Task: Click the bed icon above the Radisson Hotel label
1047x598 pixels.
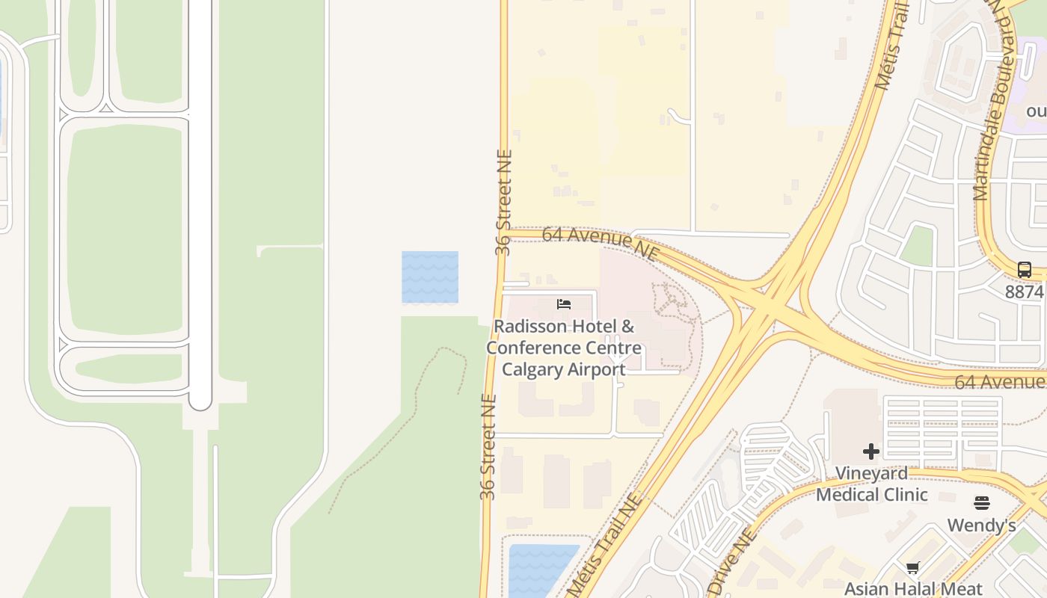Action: coord(564,304)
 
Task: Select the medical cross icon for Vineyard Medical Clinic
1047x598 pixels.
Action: coord(871,451)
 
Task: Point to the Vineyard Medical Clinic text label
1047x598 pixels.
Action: coord(871,484)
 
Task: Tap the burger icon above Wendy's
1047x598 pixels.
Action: coord(982,503)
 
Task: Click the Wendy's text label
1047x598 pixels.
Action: coord(981,525)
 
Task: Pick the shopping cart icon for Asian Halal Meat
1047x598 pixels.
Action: coord(912,568)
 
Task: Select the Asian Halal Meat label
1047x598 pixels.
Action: coord(913,588)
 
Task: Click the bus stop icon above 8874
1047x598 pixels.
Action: coord(1024,270)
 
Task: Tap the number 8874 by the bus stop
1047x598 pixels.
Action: coord(1024,292)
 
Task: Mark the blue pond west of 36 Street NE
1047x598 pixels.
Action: coord(430,277)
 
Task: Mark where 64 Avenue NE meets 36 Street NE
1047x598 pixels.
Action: coord(502,232)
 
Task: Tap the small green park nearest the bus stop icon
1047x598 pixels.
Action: coord(917,245)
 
